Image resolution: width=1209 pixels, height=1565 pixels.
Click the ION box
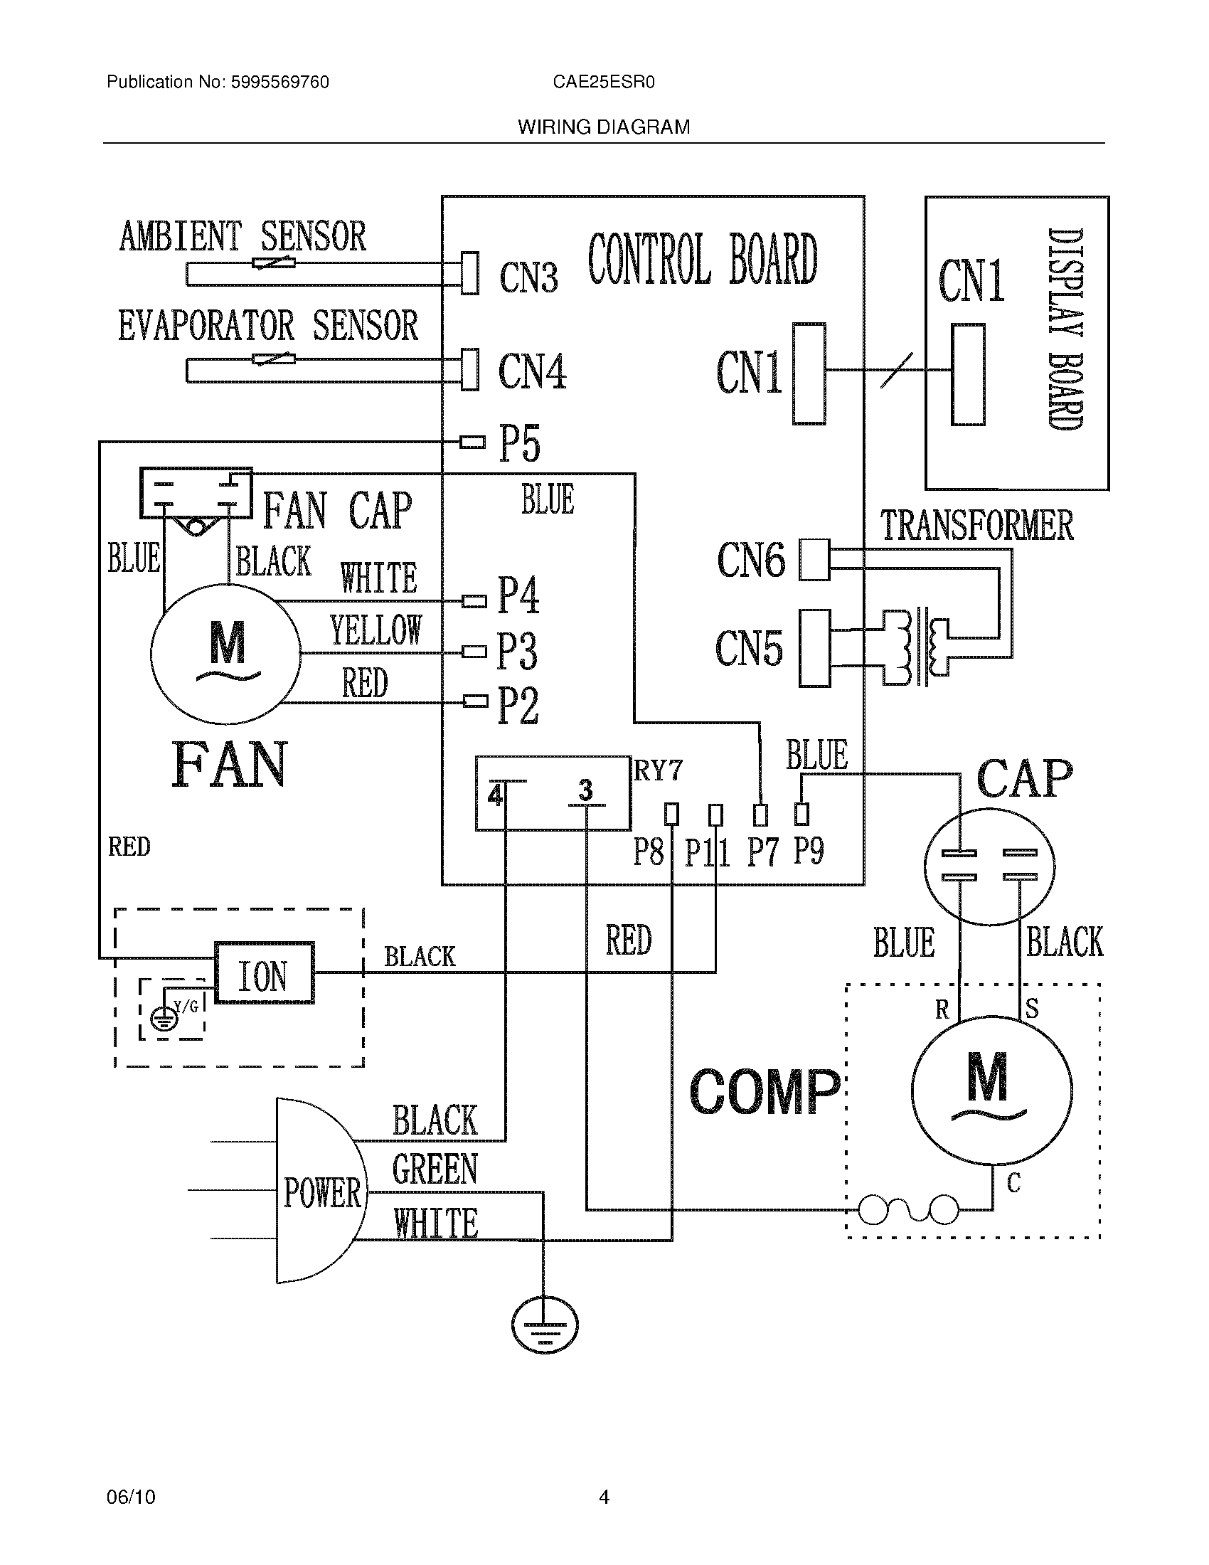pos(265,973)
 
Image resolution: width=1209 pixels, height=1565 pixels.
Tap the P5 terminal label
pos(519,444)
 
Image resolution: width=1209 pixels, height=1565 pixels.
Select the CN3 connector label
pos(528,278)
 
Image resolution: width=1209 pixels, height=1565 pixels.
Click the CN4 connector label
pos(532,371)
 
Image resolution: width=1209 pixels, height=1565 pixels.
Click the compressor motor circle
pos(991,1090)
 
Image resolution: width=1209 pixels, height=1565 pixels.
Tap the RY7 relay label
pos(658,771)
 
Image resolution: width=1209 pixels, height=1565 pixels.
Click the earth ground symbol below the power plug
pos(544,1325)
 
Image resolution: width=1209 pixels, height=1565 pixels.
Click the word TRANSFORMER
pos(976,526)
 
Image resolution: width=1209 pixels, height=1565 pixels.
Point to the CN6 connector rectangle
pos(814,560)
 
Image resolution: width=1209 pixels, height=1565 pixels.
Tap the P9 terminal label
pos(809,851)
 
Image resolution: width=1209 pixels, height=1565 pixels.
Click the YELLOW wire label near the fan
pos(376,630)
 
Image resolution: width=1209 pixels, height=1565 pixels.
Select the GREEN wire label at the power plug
pos(435,1170)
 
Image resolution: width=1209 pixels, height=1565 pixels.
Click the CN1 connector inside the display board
pos(968,375)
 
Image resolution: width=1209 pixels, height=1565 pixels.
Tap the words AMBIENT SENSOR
pos(242,236)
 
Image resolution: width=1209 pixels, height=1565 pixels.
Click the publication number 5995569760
pos(279,83)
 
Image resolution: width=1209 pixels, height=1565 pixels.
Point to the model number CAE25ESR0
pos(603,83)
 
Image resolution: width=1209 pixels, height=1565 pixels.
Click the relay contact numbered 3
pos(586,791)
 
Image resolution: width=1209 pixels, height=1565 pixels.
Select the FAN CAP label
pos(337,510)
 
